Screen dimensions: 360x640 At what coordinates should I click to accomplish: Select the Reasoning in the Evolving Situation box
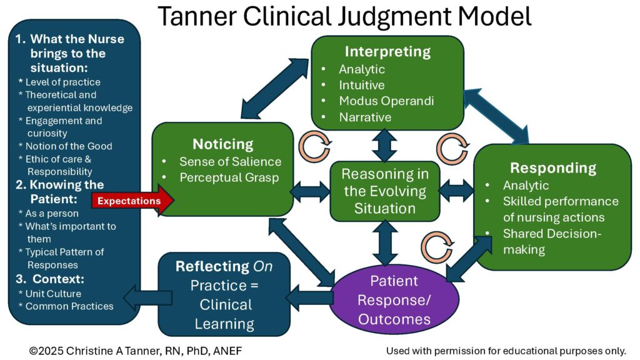(x=384, y=191)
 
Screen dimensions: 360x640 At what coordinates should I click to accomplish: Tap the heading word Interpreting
(x=389, y=51)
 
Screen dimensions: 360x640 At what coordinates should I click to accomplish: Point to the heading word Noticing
(x=223, y=144)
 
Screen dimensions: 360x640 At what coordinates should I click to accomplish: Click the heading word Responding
(x=552, y=167)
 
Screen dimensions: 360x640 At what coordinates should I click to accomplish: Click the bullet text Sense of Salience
(x=231, y=161)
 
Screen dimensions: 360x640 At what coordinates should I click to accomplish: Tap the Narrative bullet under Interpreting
(x=365, y=117)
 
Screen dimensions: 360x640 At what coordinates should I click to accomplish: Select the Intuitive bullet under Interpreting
(x=362, y=85)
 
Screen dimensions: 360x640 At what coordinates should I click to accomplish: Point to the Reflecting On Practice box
(x=224, y=294)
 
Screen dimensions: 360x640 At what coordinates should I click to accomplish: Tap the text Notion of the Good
(x=69, y=146)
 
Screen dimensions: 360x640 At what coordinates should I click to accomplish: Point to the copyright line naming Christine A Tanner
(x=135, y=351)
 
